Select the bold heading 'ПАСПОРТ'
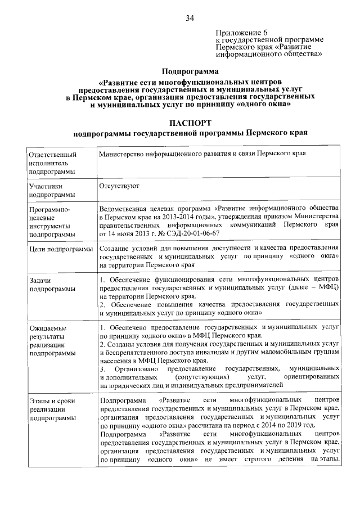tap(191, 123)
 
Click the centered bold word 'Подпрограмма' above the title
tap(190, 71)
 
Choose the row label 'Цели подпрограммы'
tap(61, 249)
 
